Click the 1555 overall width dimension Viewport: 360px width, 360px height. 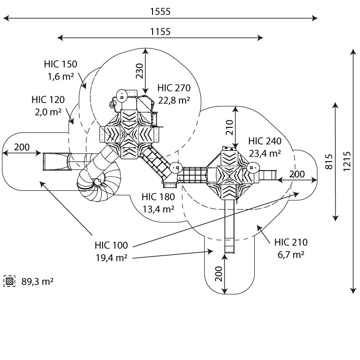[x=161, y=12]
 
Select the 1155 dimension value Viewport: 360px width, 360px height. [x=161, y=31]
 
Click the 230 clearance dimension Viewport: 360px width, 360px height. [x=139, y=71]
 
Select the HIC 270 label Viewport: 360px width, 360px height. [x=174, y=88]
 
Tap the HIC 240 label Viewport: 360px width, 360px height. [x=264, y=141]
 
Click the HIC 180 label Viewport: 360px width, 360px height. [x=157, y=197]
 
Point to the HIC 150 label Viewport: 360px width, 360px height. [x=61, y=63]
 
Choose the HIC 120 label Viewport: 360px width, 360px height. [x=48, y=100]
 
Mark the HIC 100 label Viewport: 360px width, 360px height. [x=111, y=246]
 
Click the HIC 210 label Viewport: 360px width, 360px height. [x=291, y=243]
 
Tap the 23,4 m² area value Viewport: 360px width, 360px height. [x=264, y=153]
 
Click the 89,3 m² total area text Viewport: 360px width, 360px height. [x=37, y=282]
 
